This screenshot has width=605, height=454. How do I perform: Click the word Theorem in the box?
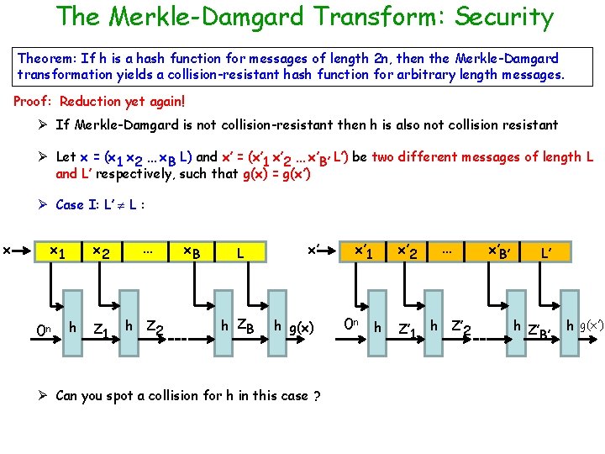tap(46, 59)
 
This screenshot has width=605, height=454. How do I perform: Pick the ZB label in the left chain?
tap(245, 326)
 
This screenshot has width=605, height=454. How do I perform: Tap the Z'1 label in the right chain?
tap(409, 328)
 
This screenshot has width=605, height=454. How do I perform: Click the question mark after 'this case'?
tap(316, 397)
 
